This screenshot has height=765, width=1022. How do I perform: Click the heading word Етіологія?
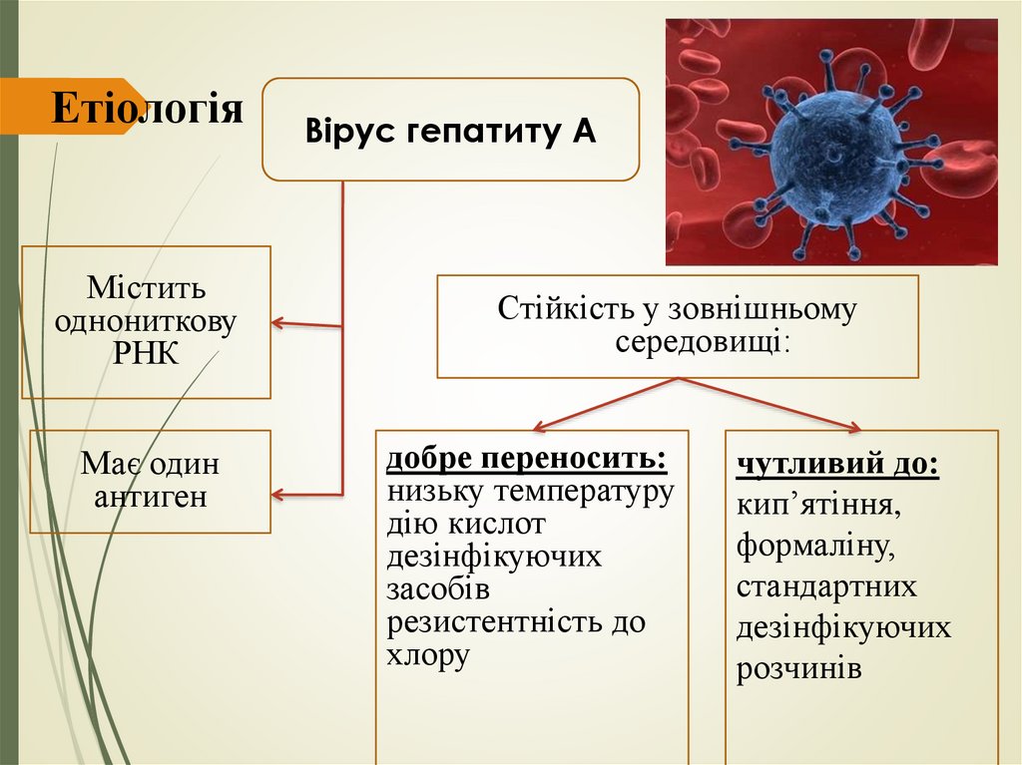(147, 108)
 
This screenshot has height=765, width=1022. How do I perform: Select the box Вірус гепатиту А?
(450, 130)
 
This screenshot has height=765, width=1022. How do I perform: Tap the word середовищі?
(699, 342)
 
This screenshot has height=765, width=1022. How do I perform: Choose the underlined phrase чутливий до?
(837, 464)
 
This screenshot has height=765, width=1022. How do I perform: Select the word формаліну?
(810, 545)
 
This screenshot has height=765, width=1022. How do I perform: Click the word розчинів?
(799, 668)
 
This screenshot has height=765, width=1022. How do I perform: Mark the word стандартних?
(826, 585)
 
